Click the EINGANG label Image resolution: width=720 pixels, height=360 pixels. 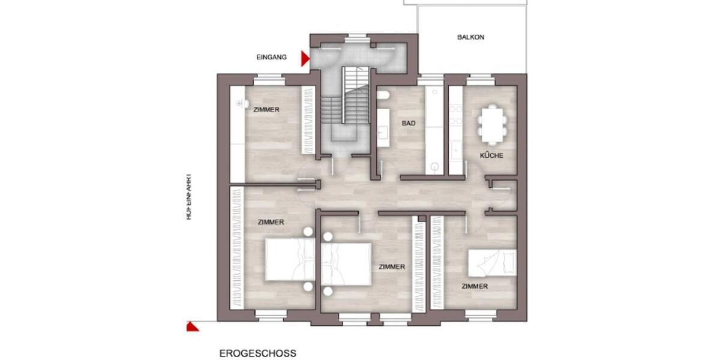click(271, 58)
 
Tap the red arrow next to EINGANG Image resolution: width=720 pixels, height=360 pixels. click(305, 58)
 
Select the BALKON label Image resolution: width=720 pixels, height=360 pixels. click(470, 37)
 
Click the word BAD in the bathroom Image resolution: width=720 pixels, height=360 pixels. click(409, 124)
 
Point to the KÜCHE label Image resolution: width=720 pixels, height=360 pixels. click(491, 156)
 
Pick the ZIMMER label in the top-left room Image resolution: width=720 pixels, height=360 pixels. click(266, 110)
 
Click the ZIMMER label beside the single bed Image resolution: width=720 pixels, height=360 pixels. click(475, 287)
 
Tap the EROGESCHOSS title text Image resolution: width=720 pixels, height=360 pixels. click(257, 353)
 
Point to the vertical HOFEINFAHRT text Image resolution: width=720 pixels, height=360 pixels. click(188, 197)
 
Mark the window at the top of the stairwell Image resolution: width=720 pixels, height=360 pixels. click(358, 37)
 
